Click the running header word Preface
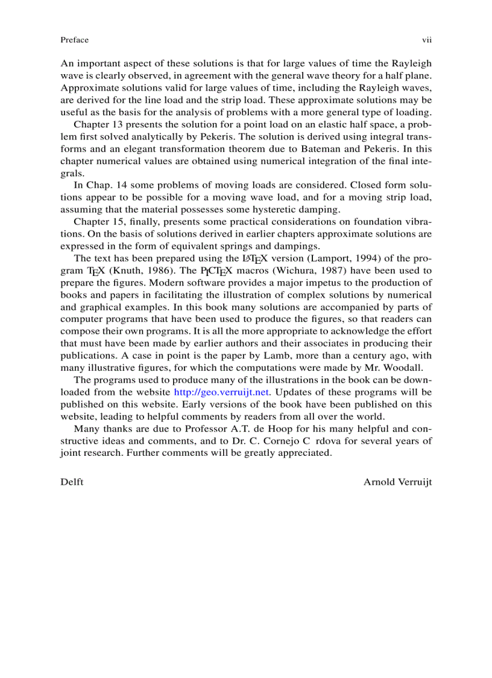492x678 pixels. click(74, 40)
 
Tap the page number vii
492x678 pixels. click(426, 40)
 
